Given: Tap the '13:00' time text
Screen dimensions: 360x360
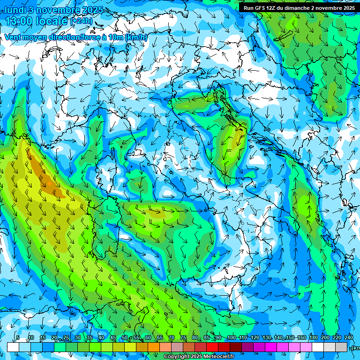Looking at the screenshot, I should (20, 21).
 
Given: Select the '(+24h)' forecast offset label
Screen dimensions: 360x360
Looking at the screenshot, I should (81, 21).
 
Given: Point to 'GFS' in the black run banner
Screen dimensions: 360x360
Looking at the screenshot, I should (261, 8).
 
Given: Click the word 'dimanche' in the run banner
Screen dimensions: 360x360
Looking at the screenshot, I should (298, 8).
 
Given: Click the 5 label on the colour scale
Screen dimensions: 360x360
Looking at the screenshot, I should (17, 338).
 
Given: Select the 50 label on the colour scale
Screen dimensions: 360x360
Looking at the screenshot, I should (124, 338).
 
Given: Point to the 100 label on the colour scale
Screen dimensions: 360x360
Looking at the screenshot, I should (231, 338).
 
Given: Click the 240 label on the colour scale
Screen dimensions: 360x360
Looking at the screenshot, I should (348, 338).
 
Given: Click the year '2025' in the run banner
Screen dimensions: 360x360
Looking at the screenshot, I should (346, 8).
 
